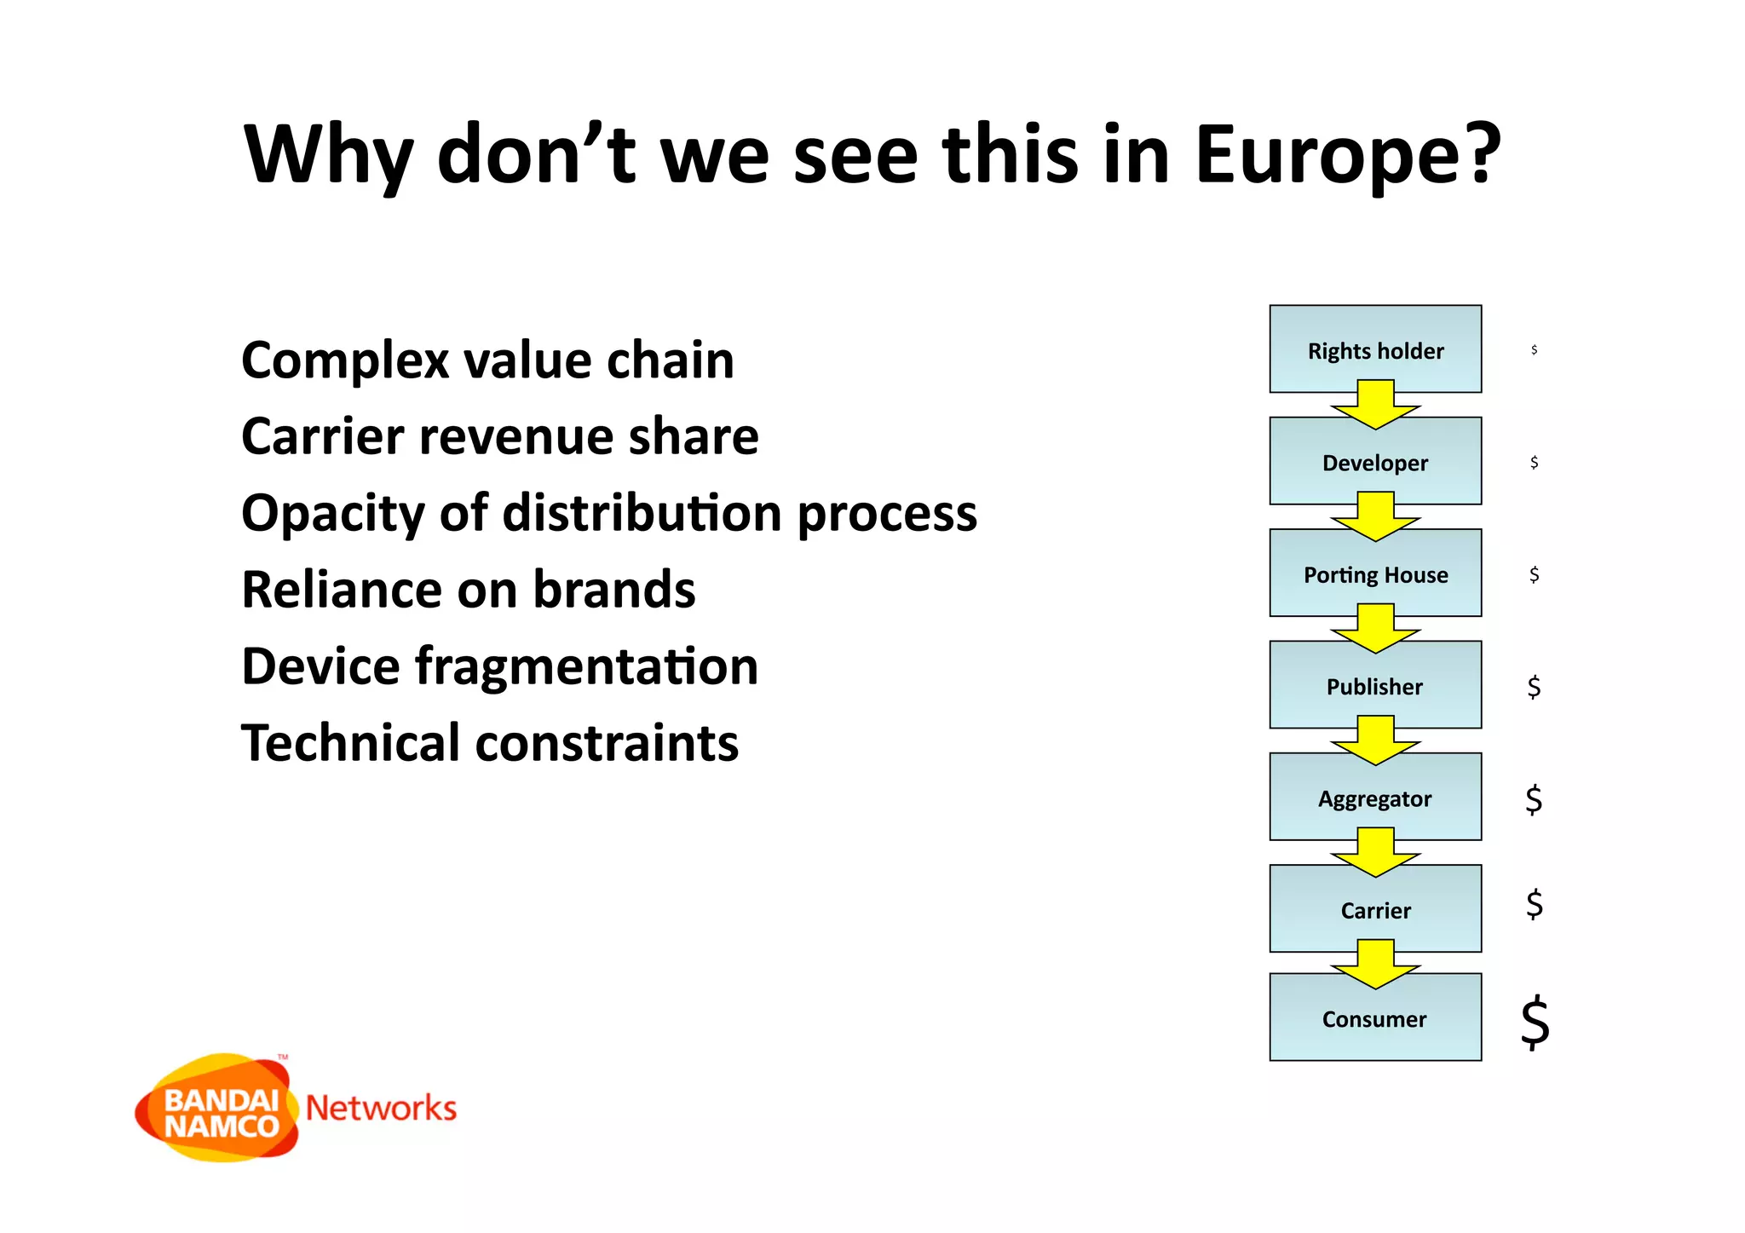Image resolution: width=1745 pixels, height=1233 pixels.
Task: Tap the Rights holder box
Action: [x=1374, y=350]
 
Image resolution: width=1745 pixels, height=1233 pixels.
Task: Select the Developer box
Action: [x=1374, y=463]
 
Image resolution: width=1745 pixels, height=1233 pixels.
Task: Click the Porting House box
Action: [x=1374, y=574]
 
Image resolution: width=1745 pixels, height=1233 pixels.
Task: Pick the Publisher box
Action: [x=1374, y=687]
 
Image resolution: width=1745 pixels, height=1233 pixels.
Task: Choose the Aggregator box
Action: [x=1374, y=798]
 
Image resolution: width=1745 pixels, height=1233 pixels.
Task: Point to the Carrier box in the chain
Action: [x=1374, y=910]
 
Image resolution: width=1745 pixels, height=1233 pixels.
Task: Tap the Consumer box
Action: [x=1374, y=1019]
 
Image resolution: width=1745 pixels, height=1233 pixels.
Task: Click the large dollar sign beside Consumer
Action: [x=1535, y=1022]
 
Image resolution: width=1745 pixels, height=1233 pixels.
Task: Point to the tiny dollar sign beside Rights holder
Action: [x=1534, y=349]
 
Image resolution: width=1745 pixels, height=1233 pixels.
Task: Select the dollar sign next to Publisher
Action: [x=1534, y=687]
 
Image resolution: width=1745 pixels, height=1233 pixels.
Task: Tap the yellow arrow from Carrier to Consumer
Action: [x=1375, y=965]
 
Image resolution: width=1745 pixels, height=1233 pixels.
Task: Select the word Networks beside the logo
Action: [x=381, y=1109]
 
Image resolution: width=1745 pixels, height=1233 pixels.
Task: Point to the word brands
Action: [x=613, y=590]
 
